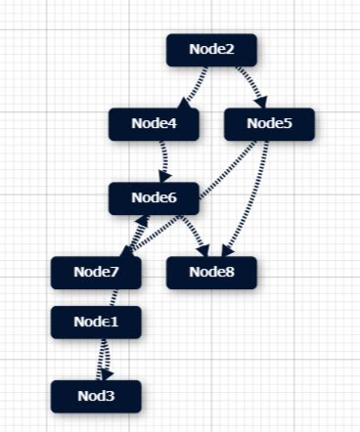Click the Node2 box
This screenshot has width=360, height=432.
pos(211,49)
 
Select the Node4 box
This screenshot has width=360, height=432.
pos(155,124)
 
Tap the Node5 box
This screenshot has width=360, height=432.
pos(269,124)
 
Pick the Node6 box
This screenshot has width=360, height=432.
pos(154,198)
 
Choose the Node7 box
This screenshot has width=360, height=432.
pos(96,273)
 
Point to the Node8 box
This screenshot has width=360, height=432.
pos(211,273)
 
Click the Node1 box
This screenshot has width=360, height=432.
pos(96,322)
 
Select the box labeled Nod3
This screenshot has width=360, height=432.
pos(96,396)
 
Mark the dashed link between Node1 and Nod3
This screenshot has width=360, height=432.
pos(102,358)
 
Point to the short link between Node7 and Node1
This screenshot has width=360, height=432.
pos(98,297)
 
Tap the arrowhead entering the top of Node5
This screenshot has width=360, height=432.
pos(262,103)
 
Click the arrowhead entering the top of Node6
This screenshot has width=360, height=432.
pos(167,177)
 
